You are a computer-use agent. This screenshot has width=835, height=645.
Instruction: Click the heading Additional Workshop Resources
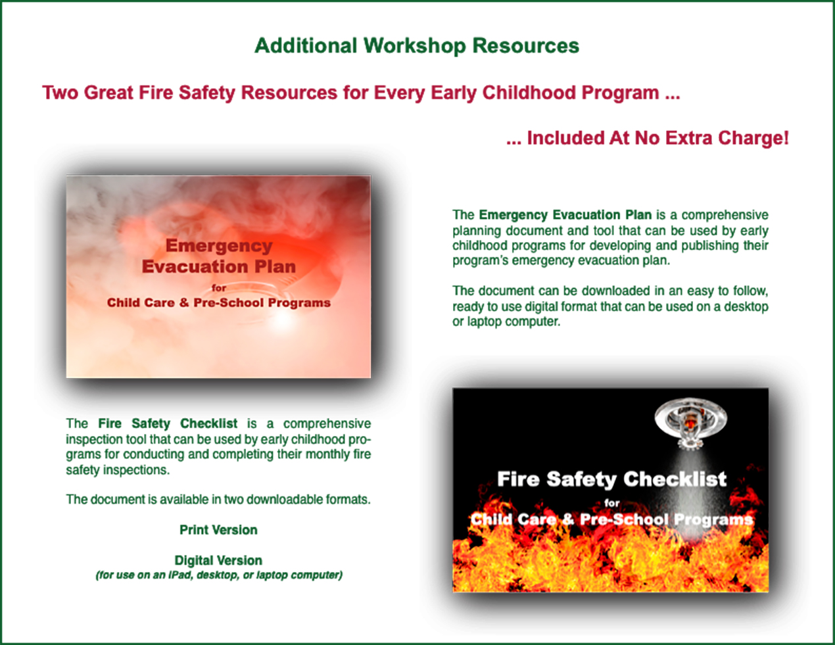[x=417, y=46]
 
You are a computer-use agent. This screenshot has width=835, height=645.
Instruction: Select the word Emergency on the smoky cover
[x=219, y=247]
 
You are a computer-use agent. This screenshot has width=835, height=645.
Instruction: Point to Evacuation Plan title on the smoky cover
[x=219, y=266]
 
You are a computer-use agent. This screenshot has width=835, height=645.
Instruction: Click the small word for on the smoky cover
[x=219, y=288]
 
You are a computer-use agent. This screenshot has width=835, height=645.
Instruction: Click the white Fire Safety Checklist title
[x=611, y=479]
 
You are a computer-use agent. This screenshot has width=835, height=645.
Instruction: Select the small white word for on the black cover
[x=611, y=503]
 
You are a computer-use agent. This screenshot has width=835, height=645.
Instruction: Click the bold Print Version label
[x=218, y=530]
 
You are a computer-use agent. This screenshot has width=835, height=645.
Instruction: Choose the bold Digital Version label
[x=218, y=560]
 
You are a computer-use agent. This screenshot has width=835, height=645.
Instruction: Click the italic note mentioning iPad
[x=219, y=575]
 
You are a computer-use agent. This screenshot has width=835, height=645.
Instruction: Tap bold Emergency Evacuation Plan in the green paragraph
[x=565, y=215]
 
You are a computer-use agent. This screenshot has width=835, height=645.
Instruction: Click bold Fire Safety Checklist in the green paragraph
[x=168, y=423]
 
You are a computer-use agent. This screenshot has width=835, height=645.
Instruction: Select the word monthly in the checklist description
[x=325, y=454]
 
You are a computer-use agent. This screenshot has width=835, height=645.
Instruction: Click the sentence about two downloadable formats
[x=218, y=500]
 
